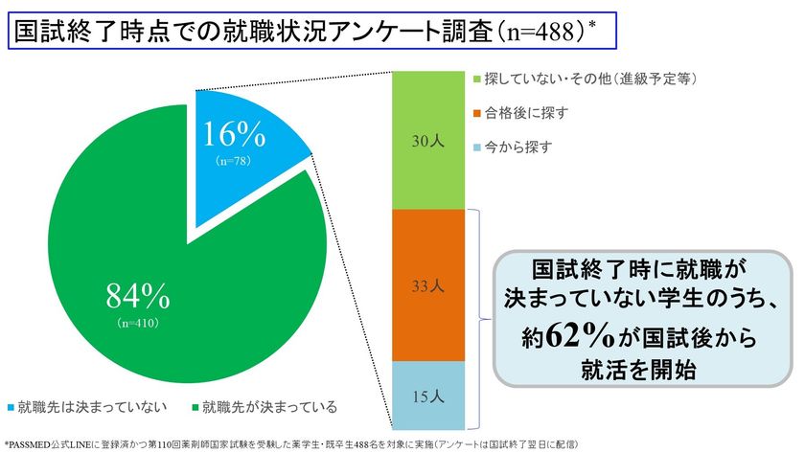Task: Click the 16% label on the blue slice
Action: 235,135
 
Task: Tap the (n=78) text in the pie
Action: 235,161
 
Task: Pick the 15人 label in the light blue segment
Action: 428,395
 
